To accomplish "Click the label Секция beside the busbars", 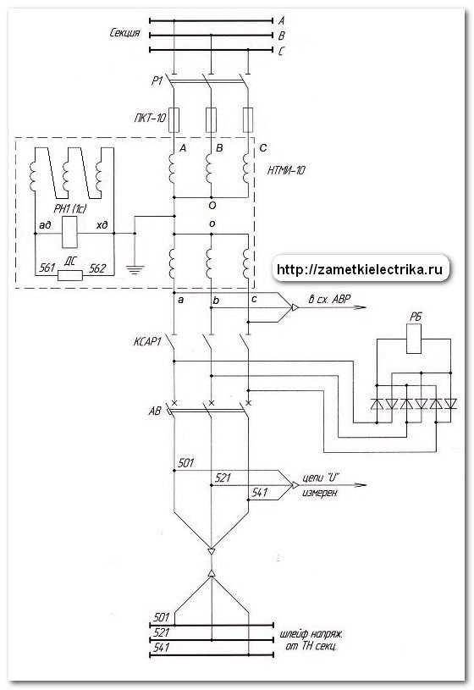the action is (125, 33).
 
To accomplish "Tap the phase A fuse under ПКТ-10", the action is (174, 119).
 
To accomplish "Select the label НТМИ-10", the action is (286, 170).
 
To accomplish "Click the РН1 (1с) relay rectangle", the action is (70, 232).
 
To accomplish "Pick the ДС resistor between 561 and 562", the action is (70, 275).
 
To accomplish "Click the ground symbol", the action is (135, 269).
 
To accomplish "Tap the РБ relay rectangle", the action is (414, 339).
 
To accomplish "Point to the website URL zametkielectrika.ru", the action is (360, 269).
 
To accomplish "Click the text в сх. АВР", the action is (329, 299).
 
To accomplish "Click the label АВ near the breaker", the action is (155, 411).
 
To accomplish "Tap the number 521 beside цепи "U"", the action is (223, 477).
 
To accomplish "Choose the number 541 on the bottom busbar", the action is (162, 648).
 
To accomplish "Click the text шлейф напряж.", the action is (311, 635).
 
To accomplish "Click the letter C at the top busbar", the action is (281, 51).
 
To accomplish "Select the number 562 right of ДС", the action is (97, 268).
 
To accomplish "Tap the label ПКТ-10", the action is (150, 118).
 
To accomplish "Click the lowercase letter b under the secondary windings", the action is (216, 301).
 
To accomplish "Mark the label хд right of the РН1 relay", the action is (102, 225).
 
